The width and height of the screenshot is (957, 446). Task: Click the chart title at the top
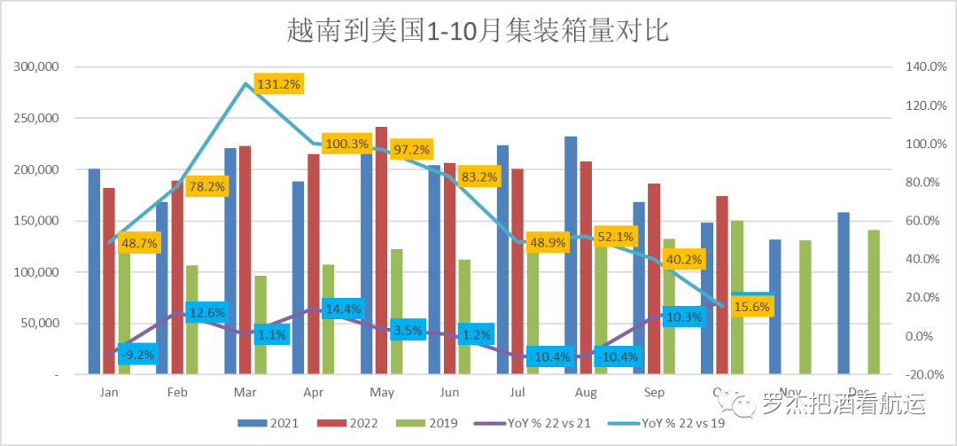click(x=478, y=31)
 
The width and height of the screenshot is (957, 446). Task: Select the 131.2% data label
click(x=279, y=84)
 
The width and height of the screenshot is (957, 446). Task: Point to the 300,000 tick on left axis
click(x=36, y=67)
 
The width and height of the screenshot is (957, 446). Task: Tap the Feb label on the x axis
click(x=176, y=391)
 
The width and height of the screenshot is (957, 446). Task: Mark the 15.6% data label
click(x=753, y=307)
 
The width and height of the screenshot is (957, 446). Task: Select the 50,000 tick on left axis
click(x=40, y=324)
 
